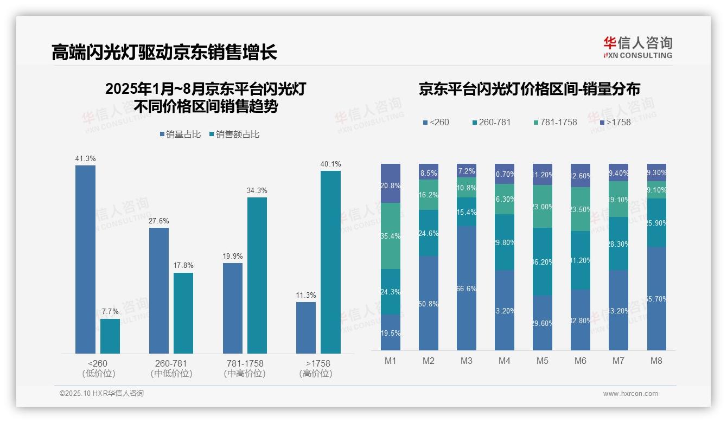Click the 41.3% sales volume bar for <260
point(85,259)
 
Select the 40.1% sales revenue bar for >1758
point(330,262)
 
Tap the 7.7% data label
point(110,311)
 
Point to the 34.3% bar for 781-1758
point(257,275)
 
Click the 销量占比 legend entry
point(180,134)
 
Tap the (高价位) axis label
point(315,374)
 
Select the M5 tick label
point(542,361)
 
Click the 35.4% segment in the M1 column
point(391,236)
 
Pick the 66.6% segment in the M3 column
point(467,288)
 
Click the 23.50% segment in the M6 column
point(581,209)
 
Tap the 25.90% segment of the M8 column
point(656,223)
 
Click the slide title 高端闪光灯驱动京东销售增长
point(164,52)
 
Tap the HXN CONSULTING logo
point(637,48)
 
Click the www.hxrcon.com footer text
point(630,394)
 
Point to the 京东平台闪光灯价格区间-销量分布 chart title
point(529,89)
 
